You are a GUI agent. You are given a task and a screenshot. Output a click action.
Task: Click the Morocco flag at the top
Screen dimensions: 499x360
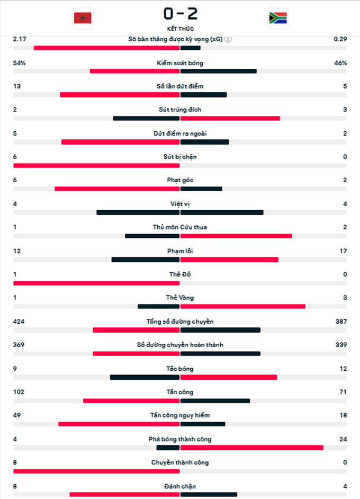pyautogui.click(x=82, y=19)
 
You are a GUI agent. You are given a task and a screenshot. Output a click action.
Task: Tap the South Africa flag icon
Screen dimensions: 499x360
pyautogui.click(x=277, y=19)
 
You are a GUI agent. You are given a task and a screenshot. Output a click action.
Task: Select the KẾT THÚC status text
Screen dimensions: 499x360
pyautogui.click(x=180, y=29)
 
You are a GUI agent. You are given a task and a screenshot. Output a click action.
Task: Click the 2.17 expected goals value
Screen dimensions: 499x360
pyautogui.click(x=20, y=39)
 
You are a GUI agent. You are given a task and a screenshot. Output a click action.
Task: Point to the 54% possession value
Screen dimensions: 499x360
pyautogui.click(x=19, y=63)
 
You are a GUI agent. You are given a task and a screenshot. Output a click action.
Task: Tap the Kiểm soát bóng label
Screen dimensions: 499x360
pyautogui.click(x=180, y=63)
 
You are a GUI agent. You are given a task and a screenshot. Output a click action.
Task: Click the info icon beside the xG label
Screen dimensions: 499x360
pyautogui.click(x=228, y=39)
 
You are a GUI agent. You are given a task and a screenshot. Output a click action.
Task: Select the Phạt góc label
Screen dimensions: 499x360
pyautogui.click(x=180, y=180)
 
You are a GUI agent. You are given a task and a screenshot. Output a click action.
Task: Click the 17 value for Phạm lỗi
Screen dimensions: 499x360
pyautogui.click(x=344, y=251)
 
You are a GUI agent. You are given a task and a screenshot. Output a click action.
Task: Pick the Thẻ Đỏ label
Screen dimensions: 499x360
pyautogui.click(x=180, y=274)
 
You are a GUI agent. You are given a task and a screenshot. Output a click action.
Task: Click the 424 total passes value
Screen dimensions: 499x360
pyautogui.click(x=19, y=321)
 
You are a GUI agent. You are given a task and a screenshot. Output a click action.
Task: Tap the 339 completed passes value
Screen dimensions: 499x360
pyautogui.click(x=341, y=344)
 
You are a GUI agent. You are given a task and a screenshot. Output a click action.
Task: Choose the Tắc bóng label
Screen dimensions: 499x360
pyautogui.click(x=180, y=368)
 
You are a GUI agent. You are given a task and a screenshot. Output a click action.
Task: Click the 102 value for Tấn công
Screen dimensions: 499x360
pyautogui.click(x=19, y=392)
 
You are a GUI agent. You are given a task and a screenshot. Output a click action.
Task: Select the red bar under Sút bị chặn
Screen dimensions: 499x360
pyautogui.click(x=97, y=165)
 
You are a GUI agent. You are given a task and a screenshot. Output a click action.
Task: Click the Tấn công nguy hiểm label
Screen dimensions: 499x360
pyautogui.click(x=180, y=415)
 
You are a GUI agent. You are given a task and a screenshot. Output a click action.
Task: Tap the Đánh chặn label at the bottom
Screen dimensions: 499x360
pyautogui.click(x=180, y=486)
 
